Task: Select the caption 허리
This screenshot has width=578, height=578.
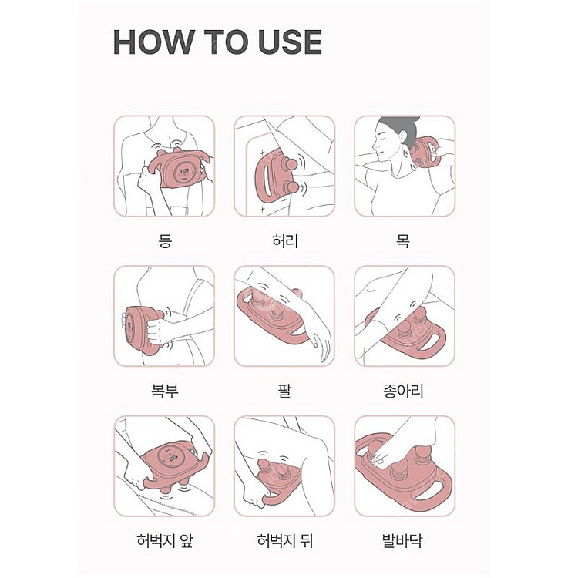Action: coord(284,241)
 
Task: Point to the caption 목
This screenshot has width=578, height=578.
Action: coord(404,241)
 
